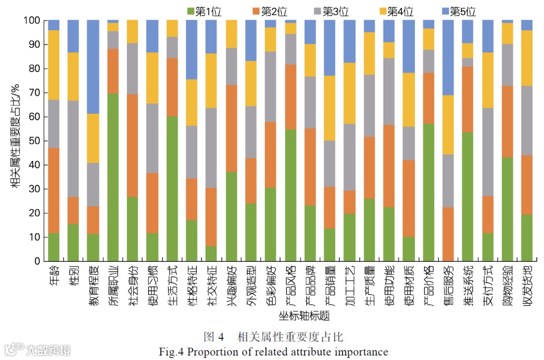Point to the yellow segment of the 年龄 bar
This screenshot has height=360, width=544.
pos(54,65)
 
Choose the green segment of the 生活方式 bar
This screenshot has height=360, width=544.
pos(172,189)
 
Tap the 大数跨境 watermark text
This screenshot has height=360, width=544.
pos(49,349)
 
